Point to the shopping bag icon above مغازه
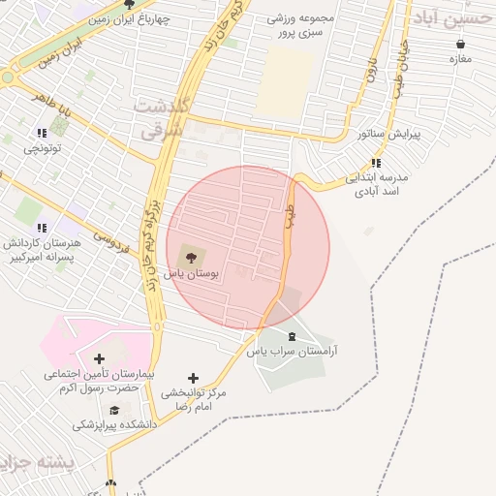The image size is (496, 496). click(459, 44)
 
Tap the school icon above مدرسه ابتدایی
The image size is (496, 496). click(376, 163)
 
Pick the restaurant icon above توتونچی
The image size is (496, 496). click(41, 133)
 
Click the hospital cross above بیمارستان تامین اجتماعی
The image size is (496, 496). click(99, 358)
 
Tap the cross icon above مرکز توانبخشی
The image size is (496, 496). click(193, 378)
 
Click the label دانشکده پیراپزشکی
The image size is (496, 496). click(112, 425)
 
